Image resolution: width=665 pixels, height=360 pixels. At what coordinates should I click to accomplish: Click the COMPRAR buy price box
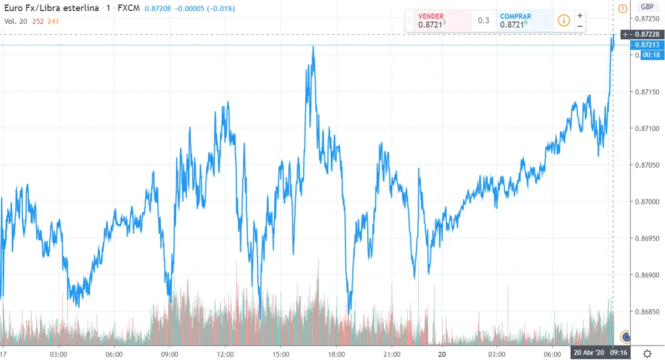[x=524, y=21]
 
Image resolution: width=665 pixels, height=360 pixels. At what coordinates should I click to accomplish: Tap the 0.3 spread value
[x=483, y=21]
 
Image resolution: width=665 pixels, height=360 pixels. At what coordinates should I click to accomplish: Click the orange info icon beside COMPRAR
[x=563, y=20]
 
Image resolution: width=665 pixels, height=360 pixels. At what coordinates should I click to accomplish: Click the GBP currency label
[x=646, y=7]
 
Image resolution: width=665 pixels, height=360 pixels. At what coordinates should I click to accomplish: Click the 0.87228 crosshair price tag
[x=646, y=34]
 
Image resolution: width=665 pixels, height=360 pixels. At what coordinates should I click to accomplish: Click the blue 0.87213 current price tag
[x=646, y=45]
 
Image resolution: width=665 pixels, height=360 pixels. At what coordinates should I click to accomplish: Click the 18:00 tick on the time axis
[x=337, y=354]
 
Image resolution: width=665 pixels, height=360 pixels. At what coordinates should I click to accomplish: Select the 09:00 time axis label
[x=169, y=354]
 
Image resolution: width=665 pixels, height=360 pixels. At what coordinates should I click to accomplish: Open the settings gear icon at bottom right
[x=647, y=353]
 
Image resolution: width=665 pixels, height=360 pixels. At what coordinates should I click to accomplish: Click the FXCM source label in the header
[x=129, y=9]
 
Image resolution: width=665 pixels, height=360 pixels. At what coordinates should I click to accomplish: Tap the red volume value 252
[x=39, y=21]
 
